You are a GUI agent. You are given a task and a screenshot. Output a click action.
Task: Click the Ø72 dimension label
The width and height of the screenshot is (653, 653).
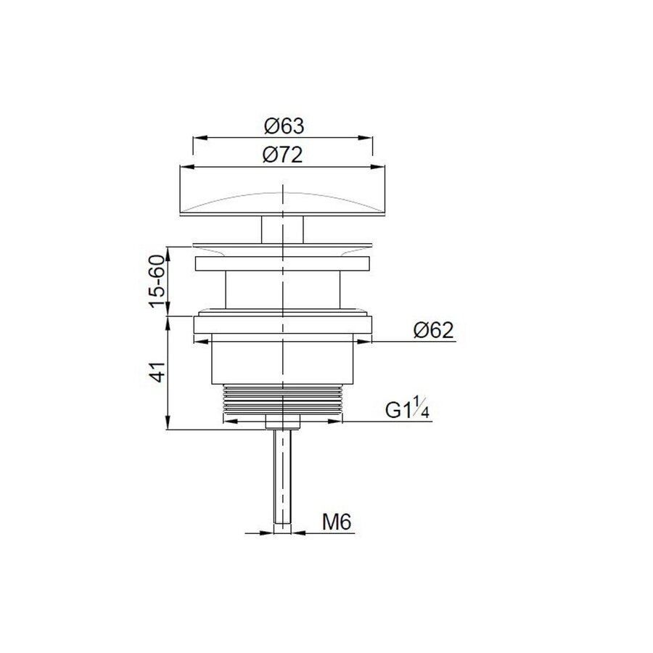point(283,155)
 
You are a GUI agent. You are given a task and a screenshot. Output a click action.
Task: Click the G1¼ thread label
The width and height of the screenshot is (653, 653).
point(408,411)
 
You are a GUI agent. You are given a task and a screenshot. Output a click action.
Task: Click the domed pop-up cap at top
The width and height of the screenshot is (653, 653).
point(283,192)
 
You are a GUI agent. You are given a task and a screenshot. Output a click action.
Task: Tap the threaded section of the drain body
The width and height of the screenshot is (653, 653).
point(283,399)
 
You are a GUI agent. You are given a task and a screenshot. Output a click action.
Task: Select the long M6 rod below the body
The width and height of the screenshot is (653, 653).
point(283,479)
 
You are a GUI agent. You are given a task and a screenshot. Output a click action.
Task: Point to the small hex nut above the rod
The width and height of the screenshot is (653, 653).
point(283,422)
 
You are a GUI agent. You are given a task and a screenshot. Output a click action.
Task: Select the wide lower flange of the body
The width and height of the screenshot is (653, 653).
point(283,329)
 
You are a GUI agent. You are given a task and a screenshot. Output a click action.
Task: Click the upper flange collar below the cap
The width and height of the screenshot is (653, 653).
point(283,263)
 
